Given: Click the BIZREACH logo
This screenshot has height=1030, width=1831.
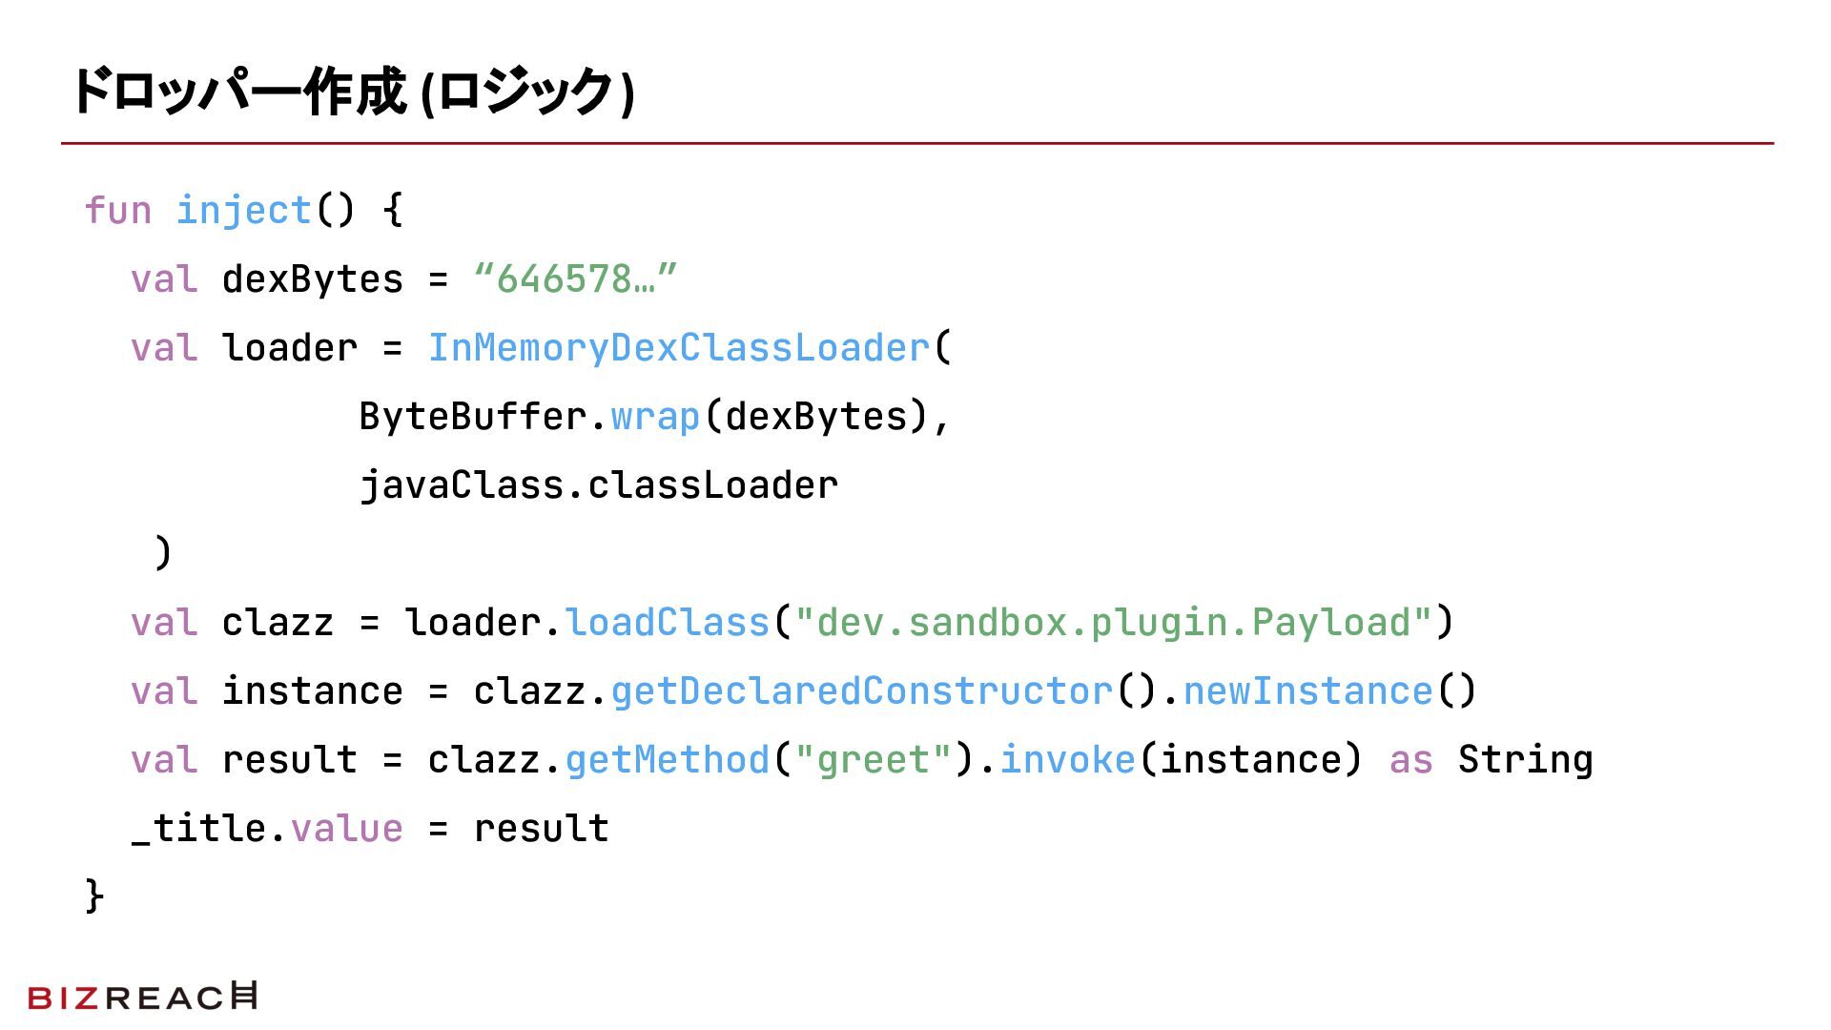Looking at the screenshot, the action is pos(143,997).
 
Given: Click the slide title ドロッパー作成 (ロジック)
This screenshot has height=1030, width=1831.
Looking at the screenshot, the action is pos(353,93).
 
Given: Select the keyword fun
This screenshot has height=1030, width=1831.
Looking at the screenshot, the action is pos(118,211).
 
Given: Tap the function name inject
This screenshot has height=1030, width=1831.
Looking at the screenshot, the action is pos(244,211).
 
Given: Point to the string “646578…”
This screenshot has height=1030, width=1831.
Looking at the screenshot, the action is pos(575,279).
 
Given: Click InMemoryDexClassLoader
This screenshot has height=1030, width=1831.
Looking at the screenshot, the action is pos(678,348).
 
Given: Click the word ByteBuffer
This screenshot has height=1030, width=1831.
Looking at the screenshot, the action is pos(472,417).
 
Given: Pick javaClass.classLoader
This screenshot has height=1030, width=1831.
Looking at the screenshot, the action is pos(599,485).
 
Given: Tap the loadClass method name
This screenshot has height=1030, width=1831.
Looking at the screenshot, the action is pos(667,623).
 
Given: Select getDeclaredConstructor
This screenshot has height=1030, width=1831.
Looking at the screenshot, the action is pos(861,691).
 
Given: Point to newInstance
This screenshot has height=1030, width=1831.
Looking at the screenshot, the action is pos(1307,691).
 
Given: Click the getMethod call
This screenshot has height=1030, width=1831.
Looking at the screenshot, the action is pos(667,760).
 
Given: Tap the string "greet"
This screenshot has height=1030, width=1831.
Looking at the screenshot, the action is pos(874,760).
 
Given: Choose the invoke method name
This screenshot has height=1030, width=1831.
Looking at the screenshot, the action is pos(1067,760).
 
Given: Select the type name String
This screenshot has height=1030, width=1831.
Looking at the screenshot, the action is pos(1525,760).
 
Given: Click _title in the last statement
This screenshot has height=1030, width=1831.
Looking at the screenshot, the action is pos(198,829).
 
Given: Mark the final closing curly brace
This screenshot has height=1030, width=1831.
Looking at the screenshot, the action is pos(94,896).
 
